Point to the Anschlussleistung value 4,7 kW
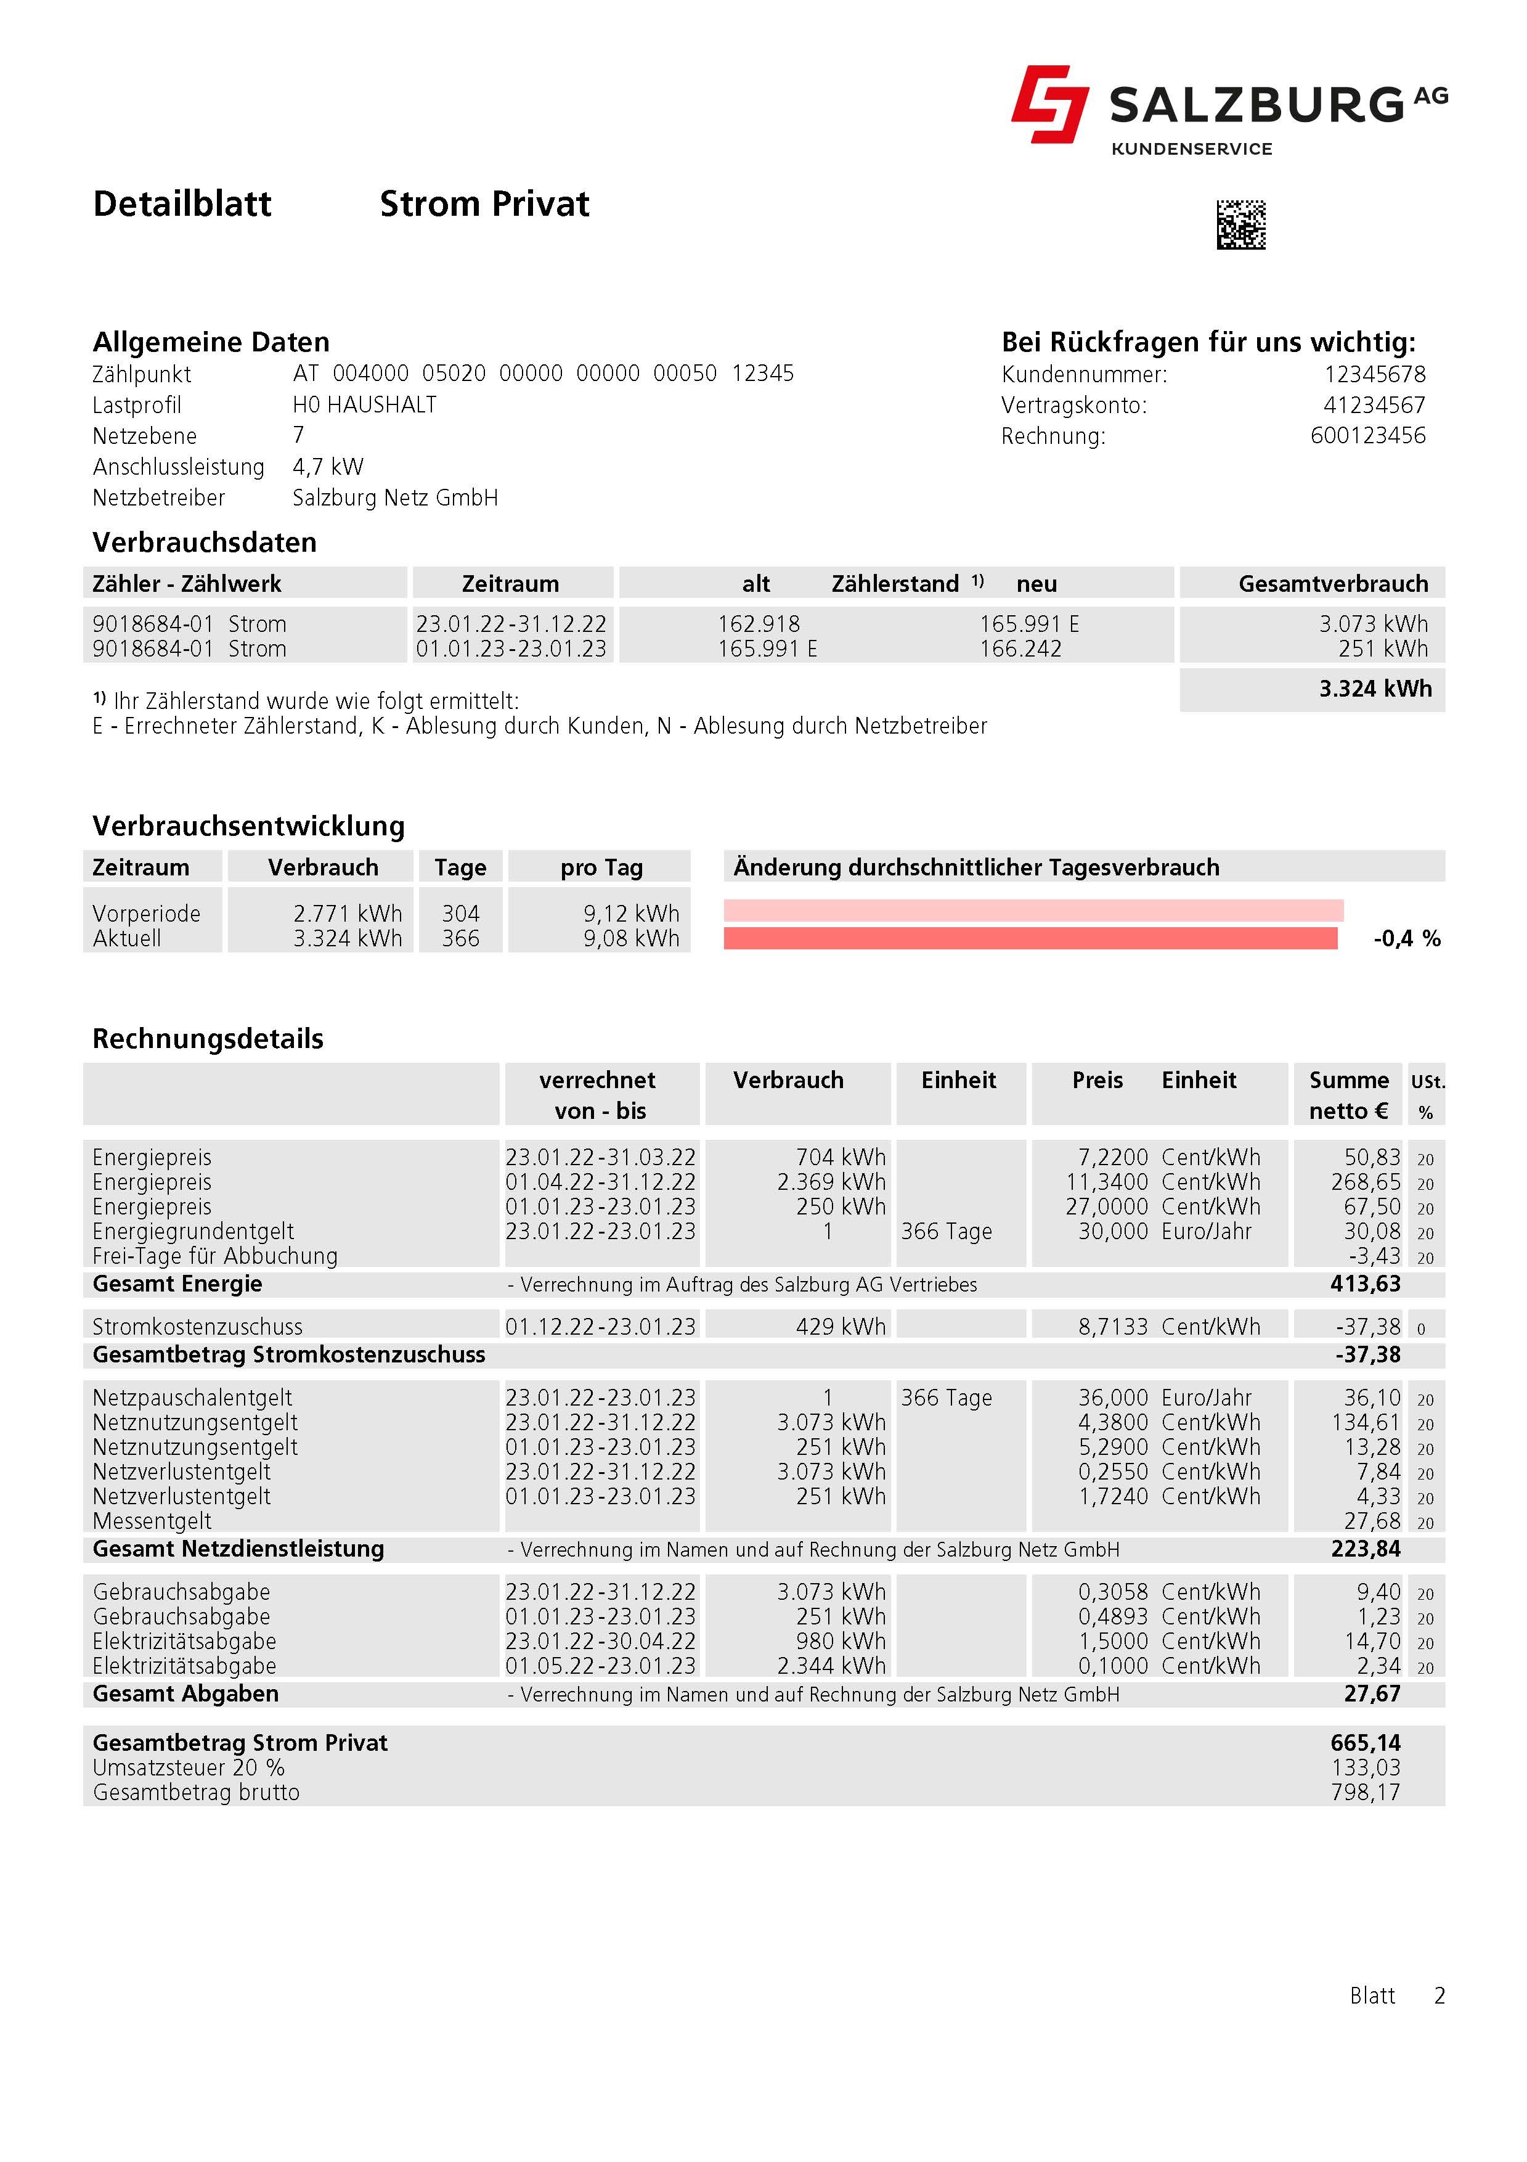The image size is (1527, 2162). point(328,467)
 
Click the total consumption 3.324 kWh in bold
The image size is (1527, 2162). point(1375,689)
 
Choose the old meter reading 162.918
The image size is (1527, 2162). point(758,624)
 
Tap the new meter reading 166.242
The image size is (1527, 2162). point(1020,649)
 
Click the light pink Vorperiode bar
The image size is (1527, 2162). point(1033,911)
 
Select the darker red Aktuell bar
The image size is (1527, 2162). point(1030,938)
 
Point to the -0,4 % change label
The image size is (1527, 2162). point(1406,939)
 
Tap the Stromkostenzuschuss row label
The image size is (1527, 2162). point(198,1327)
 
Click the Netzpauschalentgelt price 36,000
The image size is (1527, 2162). point(1113,1398)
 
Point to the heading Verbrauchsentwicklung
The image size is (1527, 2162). point(248,826)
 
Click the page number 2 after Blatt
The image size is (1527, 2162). point(1438,1996)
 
